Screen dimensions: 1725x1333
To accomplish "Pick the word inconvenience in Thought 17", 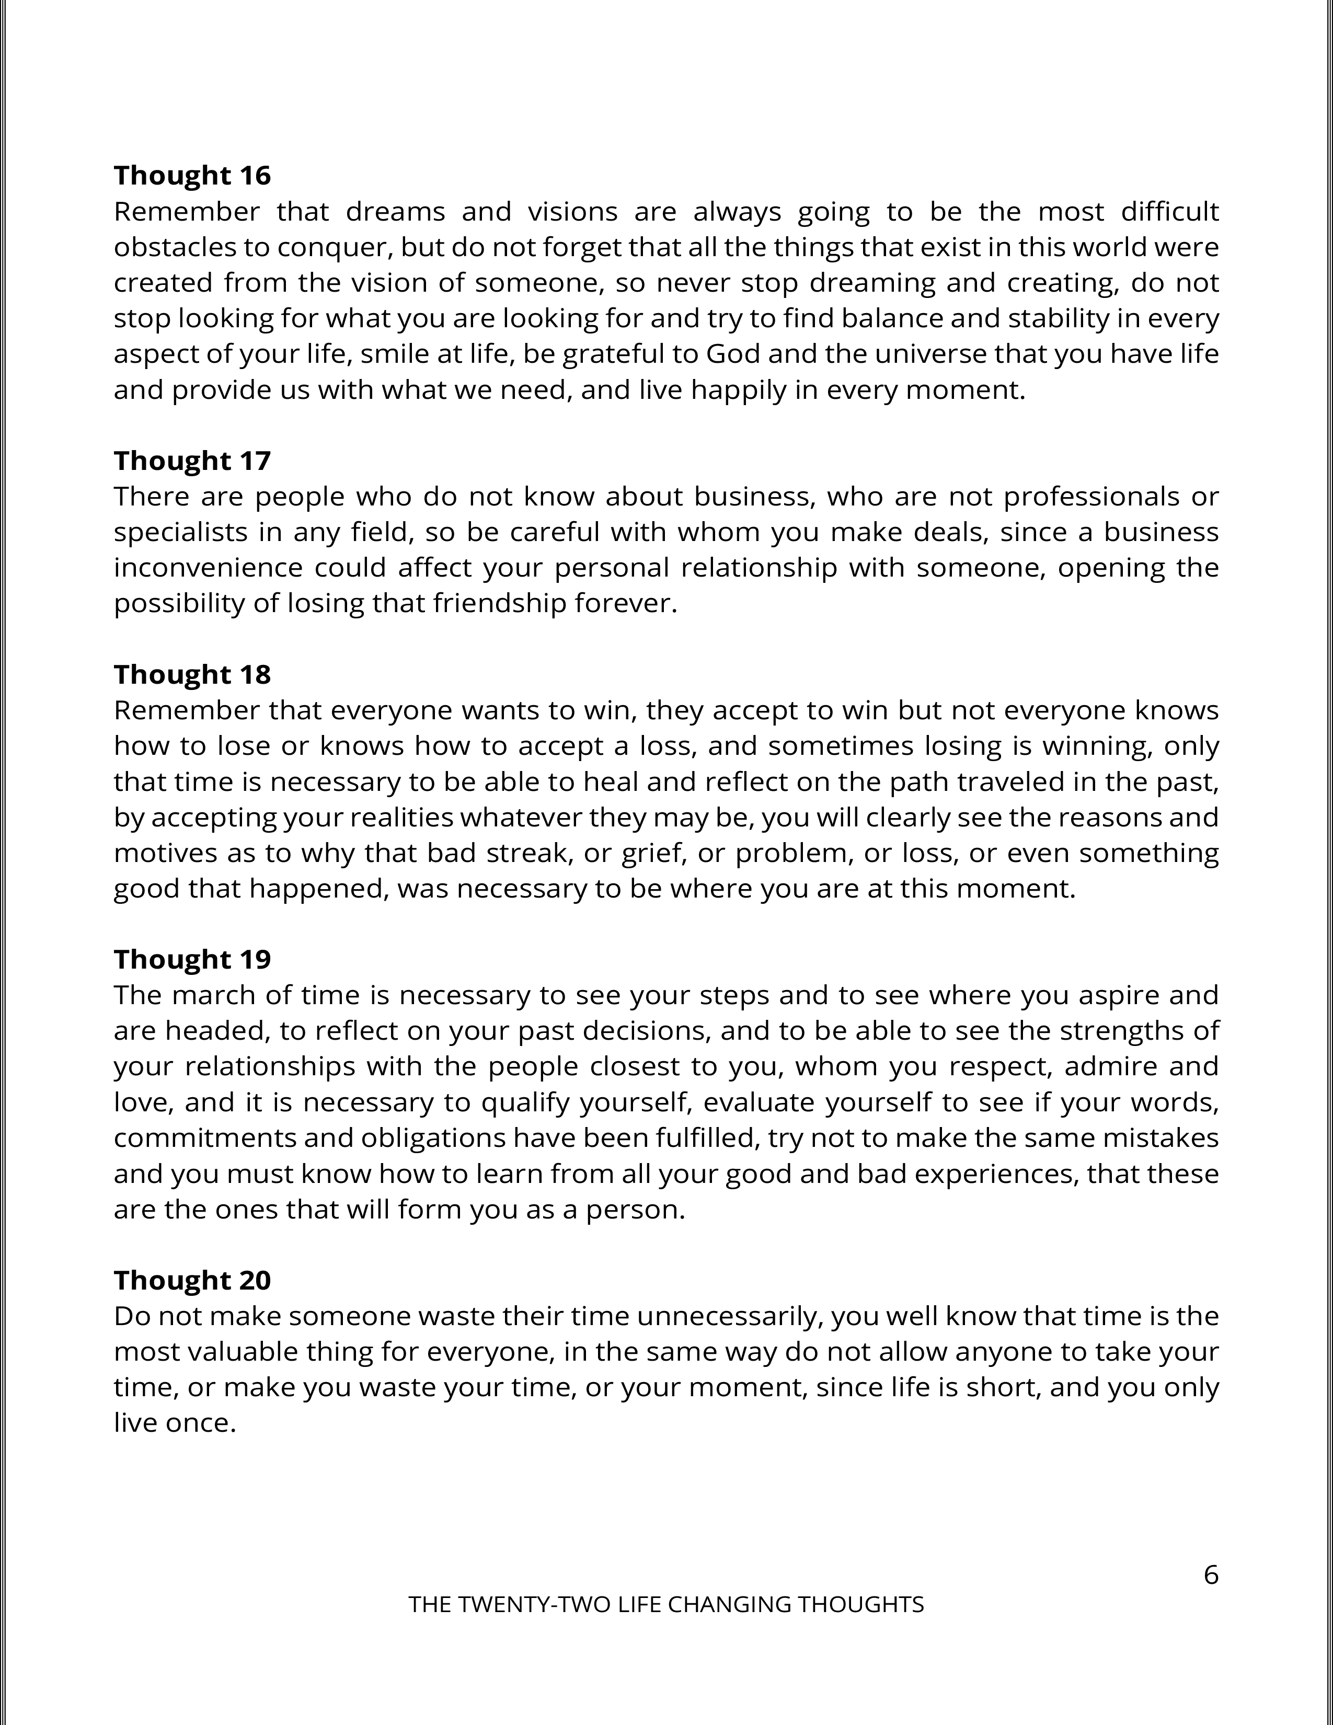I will coord(209,568).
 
